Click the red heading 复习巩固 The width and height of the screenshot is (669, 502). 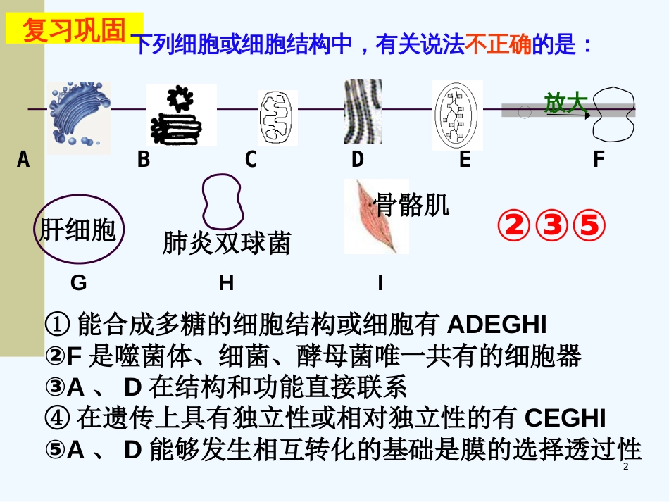point(74,30)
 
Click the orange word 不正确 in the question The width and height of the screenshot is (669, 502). point(499,46)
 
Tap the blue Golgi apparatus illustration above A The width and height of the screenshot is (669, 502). point(79,116)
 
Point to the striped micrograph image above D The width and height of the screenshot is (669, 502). point(362,111)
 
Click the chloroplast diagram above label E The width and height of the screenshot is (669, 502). point(458,114)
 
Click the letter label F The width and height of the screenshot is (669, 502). point(599,160)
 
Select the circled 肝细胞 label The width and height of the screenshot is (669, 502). point(78,230)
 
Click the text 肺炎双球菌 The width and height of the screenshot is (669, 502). point(226,243)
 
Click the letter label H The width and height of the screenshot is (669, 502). point(226,283)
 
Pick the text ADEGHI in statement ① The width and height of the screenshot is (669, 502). point(497,325)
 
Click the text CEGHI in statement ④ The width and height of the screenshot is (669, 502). point(565,418)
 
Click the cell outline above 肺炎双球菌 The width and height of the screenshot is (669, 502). point(222,199)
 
